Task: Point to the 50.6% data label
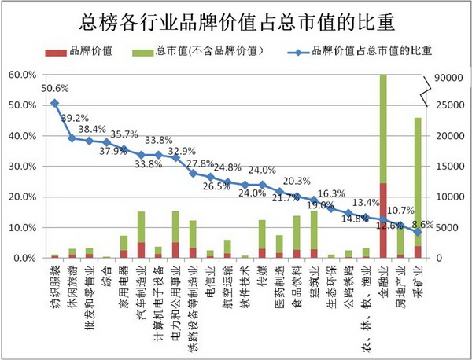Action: [55, 88]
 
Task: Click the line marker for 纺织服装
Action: [54, 103]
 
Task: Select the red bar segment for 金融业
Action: [383, 220]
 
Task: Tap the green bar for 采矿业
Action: [418, 181]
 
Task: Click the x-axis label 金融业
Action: [383, 286]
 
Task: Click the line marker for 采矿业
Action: [418, 232]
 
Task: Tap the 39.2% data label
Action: [77, 118]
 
